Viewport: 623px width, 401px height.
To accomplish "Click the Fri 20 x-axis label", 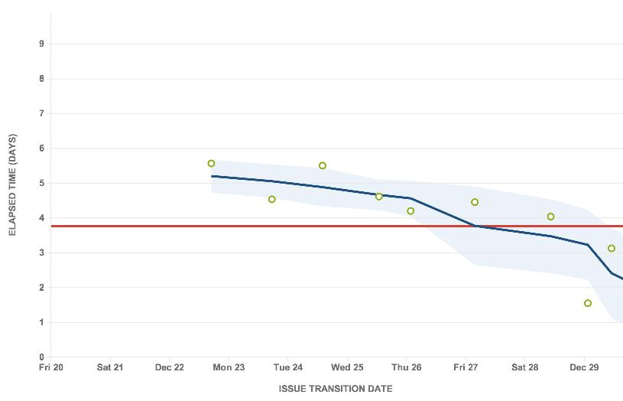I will tap(51, 367).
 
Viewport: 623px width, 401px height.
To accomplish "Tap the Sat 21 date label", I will tap(110, 367).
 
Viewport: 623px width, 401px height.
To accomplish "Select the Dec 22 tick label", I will tap(169, 367).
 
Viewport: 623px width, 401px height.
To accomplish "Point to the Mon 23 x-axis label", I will tap(229, 367).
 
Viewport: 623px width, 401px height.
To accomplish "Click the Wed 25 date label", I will tap(347, 367).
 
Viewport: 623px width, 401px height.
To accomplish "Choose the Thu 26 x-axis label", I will tap(406, 367).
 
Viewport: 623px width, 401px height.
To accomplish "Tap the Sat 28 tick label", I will tap(524, 367).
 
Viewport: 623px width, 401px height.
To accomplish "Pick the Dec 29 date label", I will tap(584, 367).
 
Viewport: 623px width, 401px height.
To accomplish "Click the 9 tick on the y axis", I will tap(41, 44).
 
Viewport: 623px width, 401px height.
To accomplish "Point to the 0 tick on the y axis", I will tap(41, 357).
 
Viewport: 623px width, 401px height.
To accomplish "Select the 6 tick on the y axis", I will tap(41, 148).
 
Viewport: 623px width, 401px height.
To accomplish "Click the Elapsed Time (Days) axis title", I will tap(13, 184).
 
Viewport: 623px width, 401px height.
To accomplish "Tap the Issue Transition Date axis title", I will tap(336, 389).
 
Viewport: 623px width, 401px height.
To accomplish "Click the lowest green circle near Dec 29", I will tap(588, 303).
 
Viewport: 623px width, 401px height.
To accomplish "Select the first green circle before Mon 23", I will tap(212, 164).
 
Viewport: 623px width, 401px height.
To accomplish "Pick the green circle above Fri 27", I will tap(475, 202).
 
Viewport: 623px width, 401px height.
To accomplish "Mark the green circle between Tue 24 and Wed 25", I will tap(323, 165).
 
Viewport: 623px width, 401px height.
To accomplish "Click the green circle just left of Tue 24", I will tap(272, 199).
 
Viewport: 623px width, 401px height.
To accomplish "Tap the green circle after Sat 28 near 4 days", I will tap(550, 217).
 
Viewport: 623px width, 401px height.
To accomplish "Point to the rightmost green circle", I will tap(612, 248).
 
